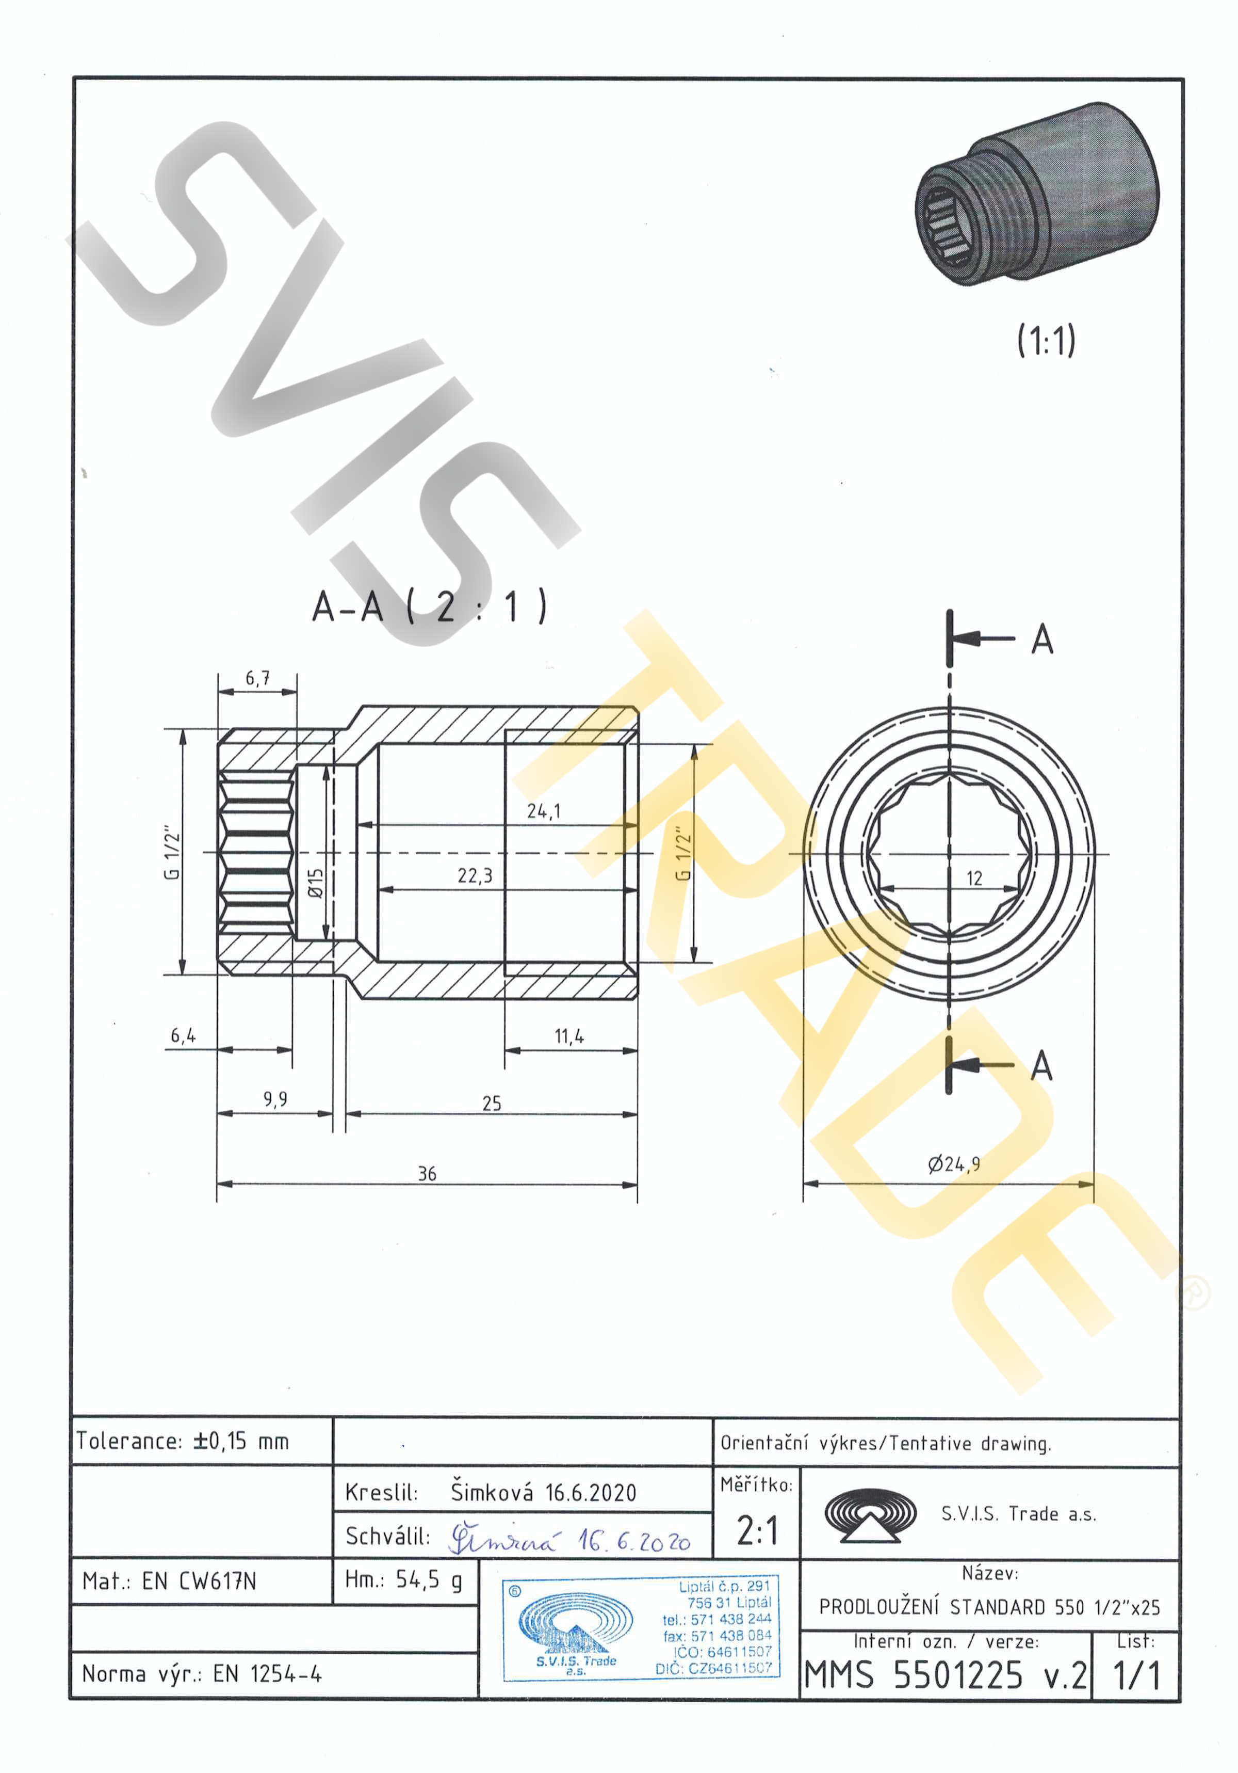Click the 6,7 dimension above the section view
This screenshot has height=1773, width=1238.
[x=258, y=678]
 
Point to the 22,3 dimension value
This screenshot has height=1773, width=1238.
[x=474, y=876]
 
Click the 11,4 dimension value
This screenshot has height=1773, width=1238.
[x=569, y=1036]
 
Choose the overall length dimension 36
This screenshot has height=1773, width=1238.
[x=427, y=1174]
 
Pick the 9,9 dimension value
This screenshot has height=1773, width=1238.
[x=275, y=1099]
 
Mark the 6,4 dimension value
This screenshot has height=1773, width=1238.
[x=183, y=1035]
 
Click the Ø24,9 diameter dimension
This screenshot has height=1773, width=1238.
[x=954, y=1164]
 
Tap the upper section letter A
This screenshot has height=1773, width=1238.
[x=1042, y=640]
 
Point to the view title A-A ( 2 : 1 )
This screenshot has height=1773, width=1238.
[x=429, y=606]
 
